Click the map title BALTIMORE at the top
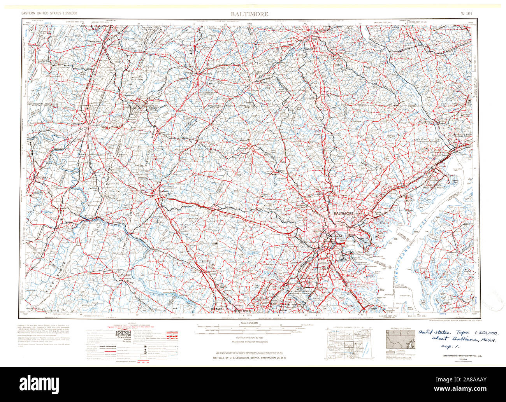click(249, 14)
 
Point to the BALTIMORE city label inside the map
click(343, 214)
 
